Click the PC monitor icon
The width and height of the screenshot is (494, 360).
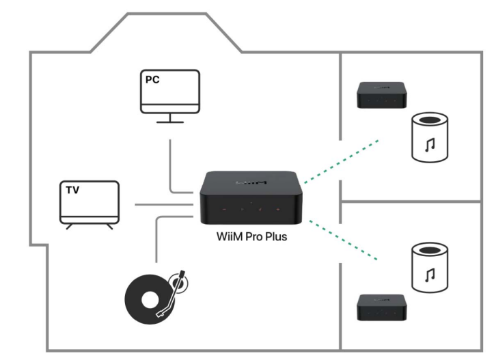click(169, 92)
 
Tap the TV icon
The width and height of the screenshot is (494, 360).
click(88, 202)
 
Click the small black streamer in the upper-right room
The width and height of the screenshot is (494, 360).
click(383, 95)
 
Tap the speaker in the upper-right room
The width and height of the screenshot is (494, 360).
click(431, 138)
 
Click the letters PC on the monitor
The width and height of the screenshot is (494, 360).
click(152, 79)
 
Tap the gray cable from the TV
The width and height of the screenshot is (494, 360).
click(164, 204)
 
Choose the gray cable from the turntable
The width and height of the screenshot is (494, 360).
click(158, 236)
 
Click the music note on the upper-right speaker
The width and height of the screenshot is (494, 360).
click(431, 146)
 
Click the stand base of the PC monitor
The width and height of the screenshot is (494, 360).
click(169, 121)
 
